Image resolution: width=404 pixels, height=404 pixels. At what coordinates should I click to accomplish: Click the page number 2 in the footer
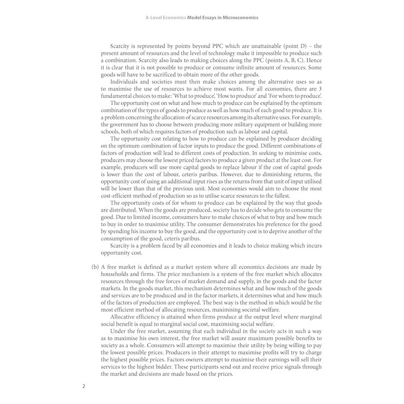pyautogui.click(x=84, y=385)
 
